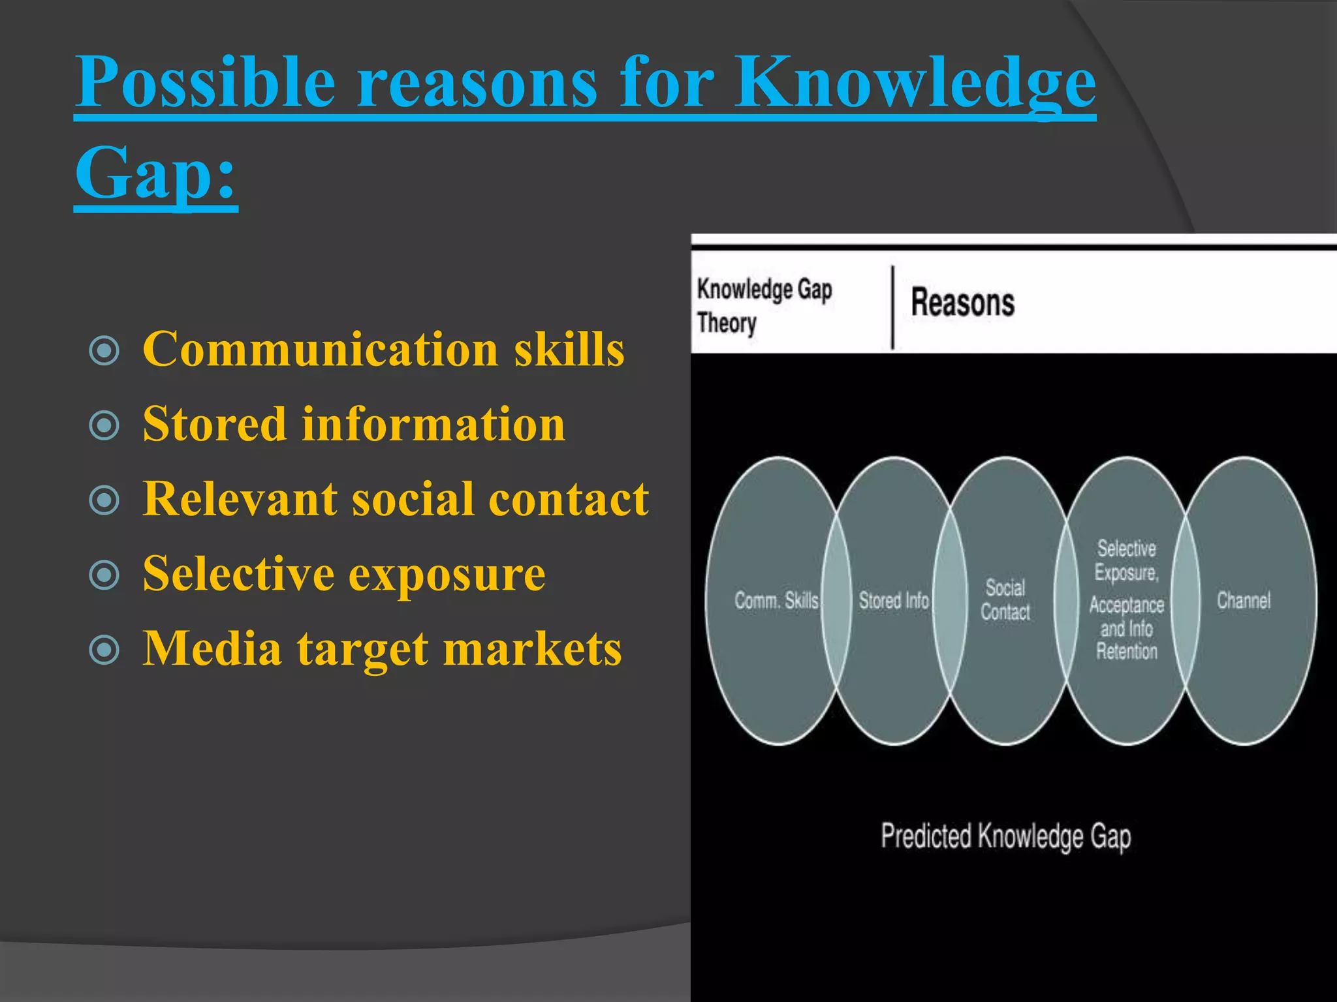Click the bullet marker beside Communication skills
click(x=104, y=350)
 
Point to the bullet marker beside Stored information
click(x=104, y=425)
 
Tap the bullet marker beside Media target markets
click(x=104, y=650)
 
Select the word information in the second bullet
click(x=433, y=425)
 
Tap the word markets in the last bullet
click(x=532, y=650)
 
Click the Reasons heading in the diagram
click(x=962, y=303)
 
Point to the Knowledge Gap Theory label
click(x=764, y=305)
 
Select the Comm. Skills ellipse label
click(x=776, y=601)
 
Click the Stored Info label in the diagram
click(x=893, y=601)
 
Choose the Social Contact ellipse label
click(x=1005, y=600)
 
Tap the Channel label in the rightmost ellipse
click(x=1244, y=601)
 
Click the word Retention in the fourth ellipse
click(x=1126, y=652)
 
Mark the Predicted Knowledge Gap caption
click(x=1005, y=837)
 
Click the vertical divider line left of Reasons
click(x=893, y=307)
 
